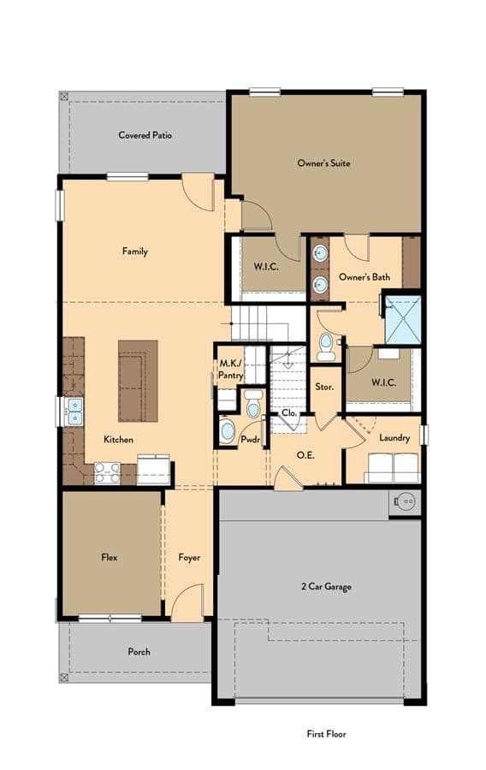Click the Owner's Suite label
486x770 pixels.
[323, 163]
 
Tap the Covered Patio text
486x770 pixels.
[145, 135]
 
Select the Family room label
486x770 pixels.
[135, 252]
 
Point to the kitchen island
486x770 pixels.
[138, 381]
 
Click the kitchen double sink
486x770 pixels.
[74, 411]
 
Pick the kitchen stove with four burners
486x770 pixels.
[108, 473]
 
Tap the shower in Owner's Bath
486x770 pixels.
[403, 320]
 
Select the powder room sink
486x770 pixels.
[228, 430]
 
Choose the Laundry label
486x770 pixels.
[394, 437]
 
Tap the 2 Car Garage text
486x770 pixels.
[326, 586]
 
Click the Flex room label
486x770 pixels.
[109, 557]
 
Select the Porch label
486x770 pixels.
[139, 652]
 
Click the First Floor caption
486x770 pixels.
[327, 734]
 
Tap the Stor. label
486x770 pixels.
[324, 387]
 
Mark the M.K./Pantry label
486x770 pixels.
[230, 370]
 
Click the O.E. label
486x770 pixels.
[305, 455]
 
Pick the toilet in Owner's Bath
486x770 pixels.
[325, 346]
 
